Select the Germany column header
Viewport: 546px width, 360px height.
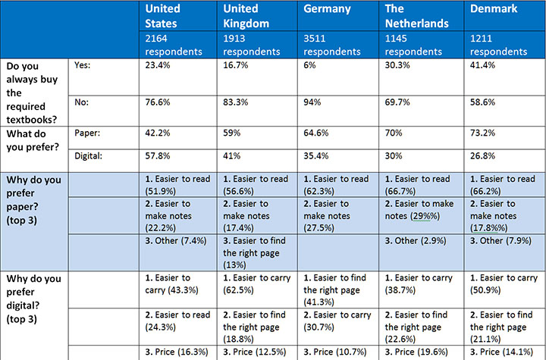pyautogui.click(x=327, y=9)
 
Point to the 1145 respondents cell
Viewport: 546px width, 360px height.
pyautogui.click(x=416, y=44)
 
